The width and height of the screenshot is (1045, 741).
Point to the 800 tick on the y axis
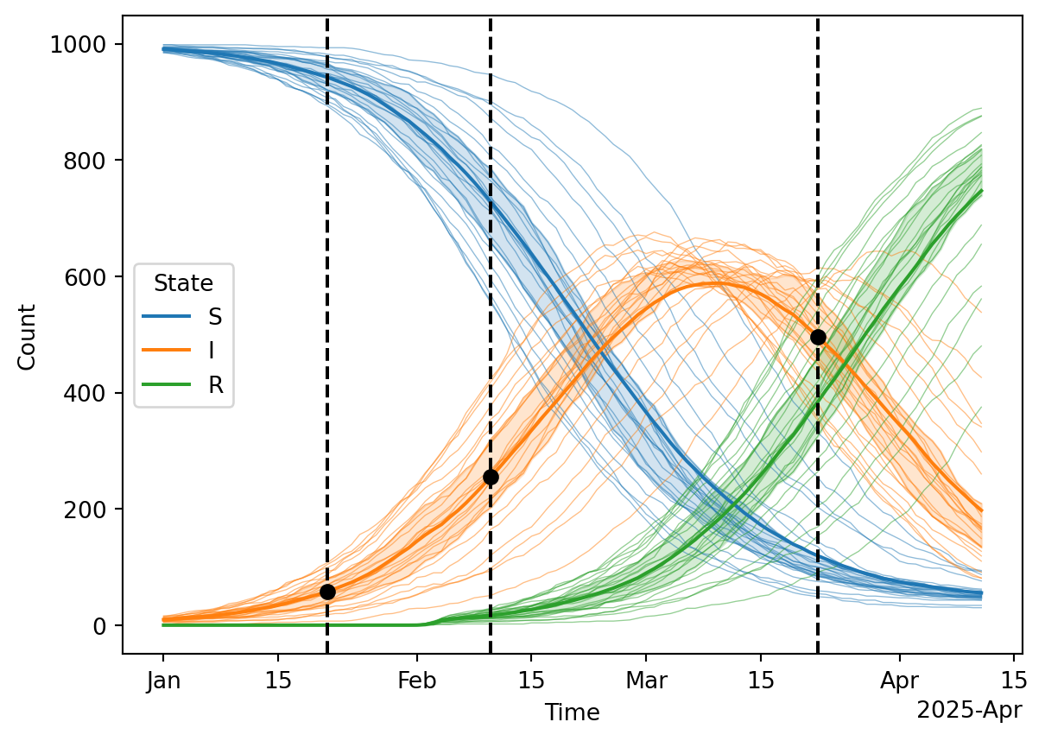tap(90, 161)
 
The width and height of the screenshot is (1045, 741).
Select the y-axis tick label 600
tap(90, 277)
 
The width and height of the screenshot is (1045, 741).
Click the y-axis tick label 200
tap(90, 510)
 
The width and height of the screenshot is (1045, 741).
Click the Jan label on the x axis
tap(163, 681)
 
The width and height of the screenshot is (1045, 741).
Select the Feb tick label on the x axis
tap(416, 681)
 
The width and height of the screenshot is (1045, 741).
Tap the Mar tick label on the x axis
tap(646, 681)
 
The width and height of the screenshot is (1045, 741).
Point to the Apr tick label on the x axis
tap(900, 681)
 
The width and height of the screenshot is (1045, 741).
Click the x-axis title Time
tap(572, 712)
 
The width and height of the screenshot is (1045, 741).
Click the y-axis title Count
tap(27, 337)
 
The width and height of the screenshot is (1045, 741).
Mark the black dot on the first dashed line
tap(327, 592)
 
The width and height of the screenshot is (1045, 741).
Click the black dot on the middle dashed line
tap(491, 477)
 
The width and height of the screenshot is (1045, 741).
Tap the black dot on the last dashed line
tap(818, 337)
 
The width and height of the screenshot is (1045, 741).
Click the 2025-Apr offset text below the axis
tap(968, 711)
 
